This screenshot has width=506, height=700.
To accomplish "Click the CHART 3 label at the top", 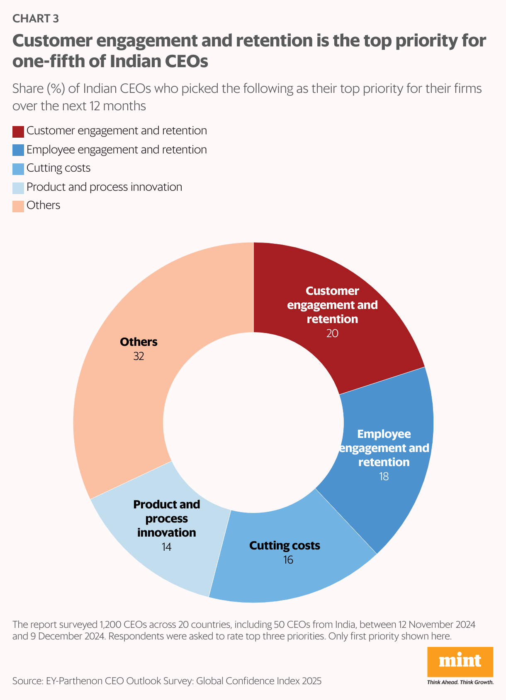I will click(36, 18).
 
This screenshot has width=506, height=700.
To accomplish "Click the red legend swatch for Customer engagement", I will click(18, 131).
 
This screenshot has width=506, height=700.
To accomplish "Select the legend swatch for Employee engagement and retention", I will click(18, 150).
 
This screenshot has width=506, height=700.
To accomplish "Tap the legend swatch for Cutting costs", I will click(18, 169).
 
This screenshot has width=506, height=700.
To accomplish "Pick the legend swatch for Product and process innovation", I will click(18, 188).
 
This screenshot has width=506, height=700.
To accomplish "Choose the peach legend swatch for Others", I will click(18, 206).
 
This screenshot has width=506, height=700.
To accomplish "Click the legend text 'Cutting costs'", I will click(58, 168).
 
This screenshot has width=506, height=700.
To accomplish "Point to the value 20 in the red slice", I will click(332, 333).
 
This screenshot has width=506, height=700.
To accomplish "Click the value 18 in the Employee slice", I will click(384, 476).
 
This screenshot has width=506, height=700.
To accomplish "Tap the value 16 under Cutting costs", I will click(288, 560).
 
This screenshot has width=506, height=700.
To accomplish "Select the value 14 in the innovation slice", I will click(166, 547).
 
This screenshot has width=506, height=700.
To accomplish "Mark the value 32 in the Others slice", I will click(139, 356).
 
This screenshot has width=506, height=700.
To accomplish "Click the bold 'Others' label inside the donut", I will click(139, 342).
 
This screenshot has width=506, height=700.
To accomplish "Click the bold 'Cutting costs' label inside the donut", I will click(285, 545).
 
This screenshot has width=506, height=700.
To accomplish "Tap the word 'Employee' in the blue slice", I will click(384, 434).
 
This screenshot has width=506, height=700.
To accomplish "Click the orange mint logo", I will click(460, 661).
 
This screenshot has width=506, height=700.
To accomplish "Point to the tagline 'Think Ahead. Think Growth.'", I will click(460, 682).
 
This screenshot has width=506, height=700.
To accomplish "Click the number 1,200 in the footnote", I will click(110, 625).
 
